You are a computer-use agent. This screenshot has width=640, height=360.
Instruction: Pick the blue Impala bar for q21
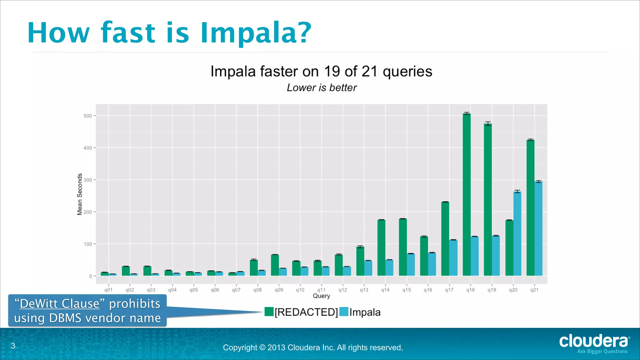(538, 228)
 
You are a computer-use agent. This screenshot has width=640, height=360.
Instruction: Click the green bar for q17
(445, 239)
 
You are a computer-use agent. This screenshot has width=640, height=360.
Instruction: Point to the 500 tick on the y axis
(88, 116)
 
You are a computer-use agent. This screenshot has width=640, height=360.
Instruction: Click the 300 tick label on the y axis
(88, 180)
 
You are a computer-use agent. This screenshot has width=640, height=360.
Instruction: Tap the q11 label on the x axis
(321, 290)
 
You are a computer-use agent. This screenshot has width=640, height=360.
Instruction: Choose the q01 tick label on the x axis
(108, 290)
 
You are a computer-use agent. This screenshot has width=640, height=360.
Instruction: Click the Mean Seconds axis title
(80, 194)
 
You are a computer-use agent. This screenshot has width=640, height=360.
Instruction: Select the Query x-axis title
(321, 296)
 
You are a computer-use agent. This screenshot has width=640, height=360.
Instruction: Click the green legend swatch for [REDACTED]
(269, 312)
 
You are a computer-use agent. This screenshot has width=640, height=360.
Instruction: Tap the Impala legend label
(365, 312)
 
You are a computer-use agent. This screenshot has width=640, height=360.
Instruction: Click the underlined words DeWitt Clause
(59, 304)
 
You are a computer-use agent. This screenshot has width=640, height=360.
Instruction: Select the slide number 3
(13, 346)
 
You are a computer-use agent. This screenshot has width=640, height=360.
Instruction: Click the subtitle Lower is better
(322, 88)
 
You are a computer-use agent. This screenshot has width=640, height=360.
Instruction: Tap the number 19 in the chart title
(332, 72)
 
